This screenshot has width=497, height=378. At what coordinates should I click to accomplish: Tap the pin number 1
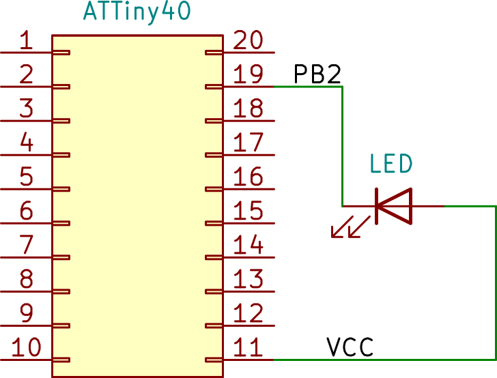[x=26, y=40]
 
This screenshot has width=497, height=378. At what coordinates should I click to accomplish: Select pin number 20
[x=248, y=40]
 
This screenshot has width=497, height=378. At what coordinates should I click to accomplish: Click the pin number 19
[x=248, y=74]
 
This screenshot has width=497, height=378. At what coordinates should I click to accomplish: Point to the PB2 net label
[x=317, y=74]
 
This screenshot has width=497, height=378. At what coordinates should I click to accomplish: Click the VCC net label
[x=350, y=347]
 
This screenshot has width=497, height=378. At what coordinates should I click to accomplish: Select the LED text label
[x=391, y=164]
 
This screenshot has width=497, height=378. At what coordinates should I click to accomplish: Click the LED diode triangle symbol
[x=395, y=206]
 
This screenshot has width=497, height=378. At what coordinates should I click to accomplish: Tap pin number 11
[x=248, y=347]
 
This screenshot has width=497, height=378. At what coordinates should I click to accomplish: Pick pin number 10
[x=27, y=347]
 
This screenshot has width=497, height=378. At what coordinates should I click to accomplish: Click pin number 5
[x=27, y=177]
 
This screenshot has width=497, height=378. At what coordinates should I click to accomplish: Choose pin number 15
[x=248, y=211]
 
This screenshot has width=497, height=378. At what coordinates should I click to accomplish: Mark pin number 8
[x=27, y=279]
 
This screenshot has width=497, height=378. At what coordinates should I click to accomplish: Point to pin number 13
[x=248, y=279]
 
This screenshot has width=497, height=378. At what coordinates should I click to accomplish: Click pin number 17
[x=248, y=143]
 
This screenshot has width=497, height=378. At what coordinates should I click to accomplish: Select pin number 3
[x=27, y=108]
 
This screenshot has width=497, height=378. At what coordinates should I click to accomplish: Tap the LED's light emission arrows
[x=351, y=227]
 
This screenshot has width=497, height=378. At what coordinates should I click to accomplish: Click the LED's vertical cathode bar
[x=376, y=206]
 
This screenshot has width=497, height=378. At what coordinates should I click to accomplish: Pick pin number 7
[x=27, y=245]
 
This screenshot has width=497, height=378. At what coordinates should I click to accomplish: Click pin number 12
[x=248, y=313]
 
